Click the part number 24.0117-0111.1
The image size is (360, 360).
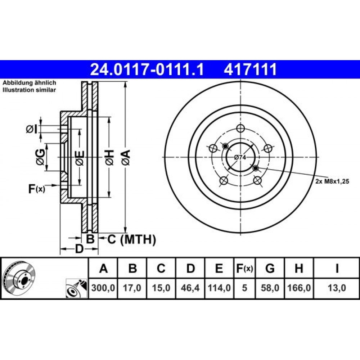pyautogui.click(x=147, y=69)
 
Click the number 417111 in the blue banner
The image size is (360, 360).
pyautogui.click(x=250, y=69)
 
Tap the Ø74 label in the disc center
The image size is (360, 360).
pyautogui.click(x=240, y=157)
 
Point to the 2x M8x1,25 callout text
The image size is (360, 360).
pyautogui.click(x=332, y=181)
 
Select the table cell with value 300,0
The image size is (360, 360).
pyautogui.click(x=103, y=288)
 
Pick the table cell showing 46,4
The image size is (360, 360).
pyautogui.click(x=190, y=288)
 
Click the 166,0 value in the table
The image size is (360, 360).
pyautogui.click(x=299, y=288)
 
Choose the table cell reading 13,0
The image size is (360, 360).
pyautogui.click(x=337, y=288)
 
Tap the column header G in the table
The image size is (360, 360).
pyautogui.click(x=270, y=268)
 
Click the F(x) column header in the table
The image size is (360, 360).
pyautogui.click(x=244, y=268)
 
